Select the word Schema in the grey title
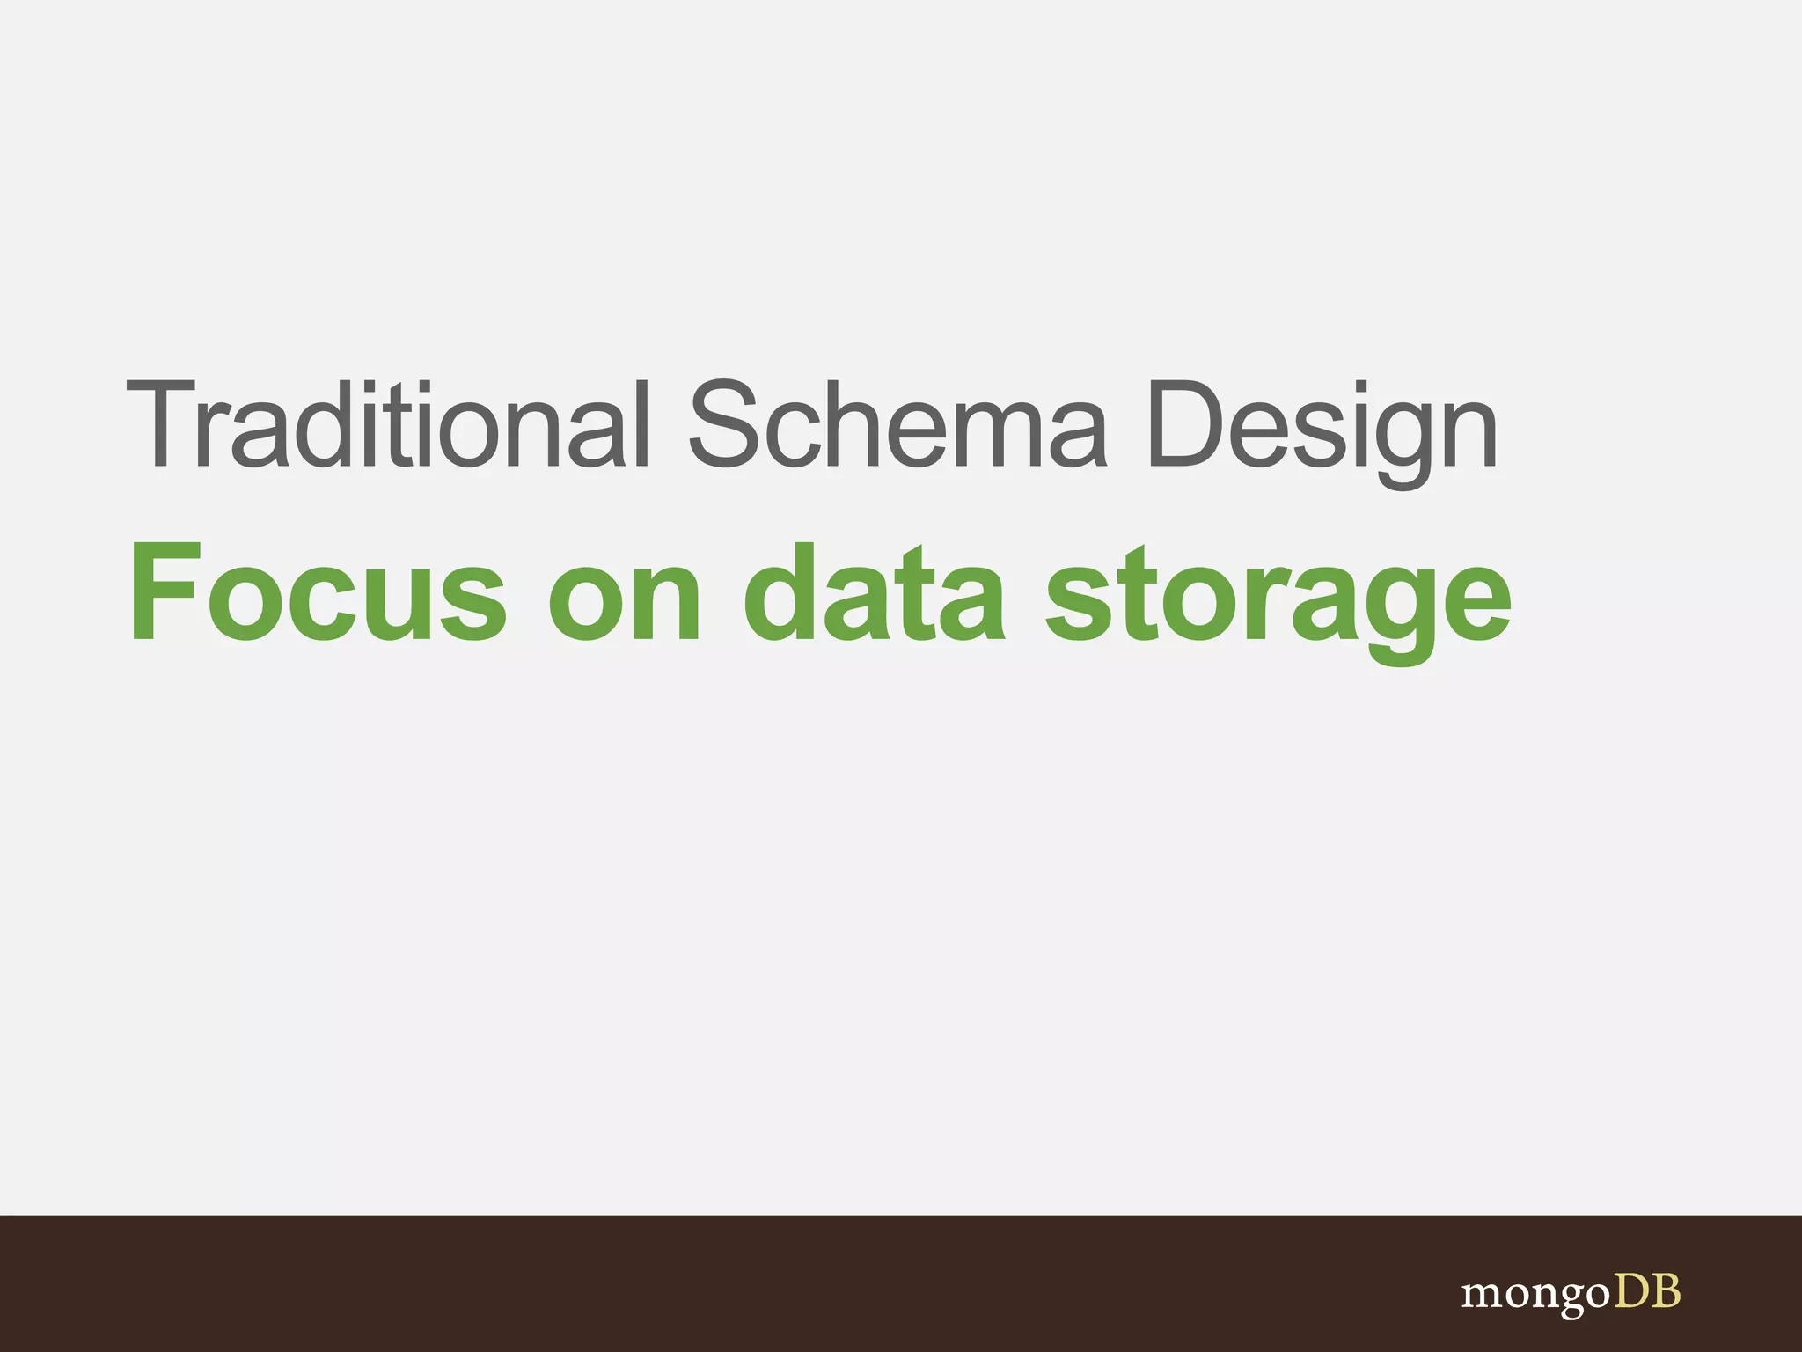tap(897, 425)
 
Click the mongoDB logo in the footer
tap(1571, 1293)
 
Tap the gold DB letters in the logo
tap(1647, 1291)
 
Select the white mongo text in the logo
tap(1536, 1295)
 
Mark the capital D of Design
tap(1184, 425)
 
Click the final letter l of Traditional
tap(641, 425)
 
